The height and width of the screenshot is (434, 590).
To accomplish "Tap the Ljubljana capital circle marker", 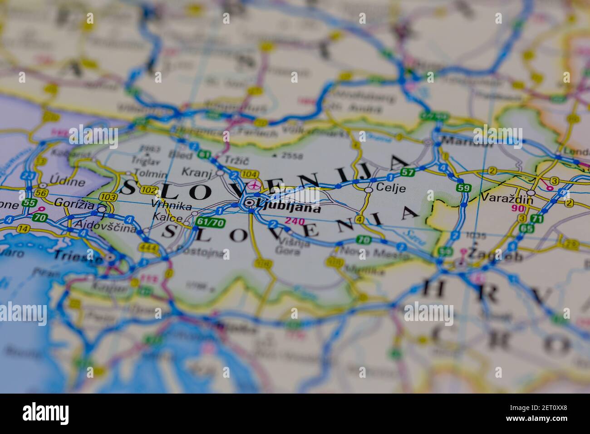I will (x=249, y=203).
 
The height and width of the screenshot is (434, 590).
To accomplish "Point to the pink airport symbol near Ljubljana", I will (x=256, y=185).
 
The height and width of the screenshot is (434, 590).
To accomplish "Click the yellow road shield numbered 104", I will (x=250, y=174).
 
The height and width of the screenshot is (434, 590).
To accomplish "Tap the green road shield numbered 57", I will (x=408, y=172).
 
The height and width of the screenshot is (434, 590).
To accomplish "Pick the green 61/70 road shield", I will (x=210, y=222).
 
